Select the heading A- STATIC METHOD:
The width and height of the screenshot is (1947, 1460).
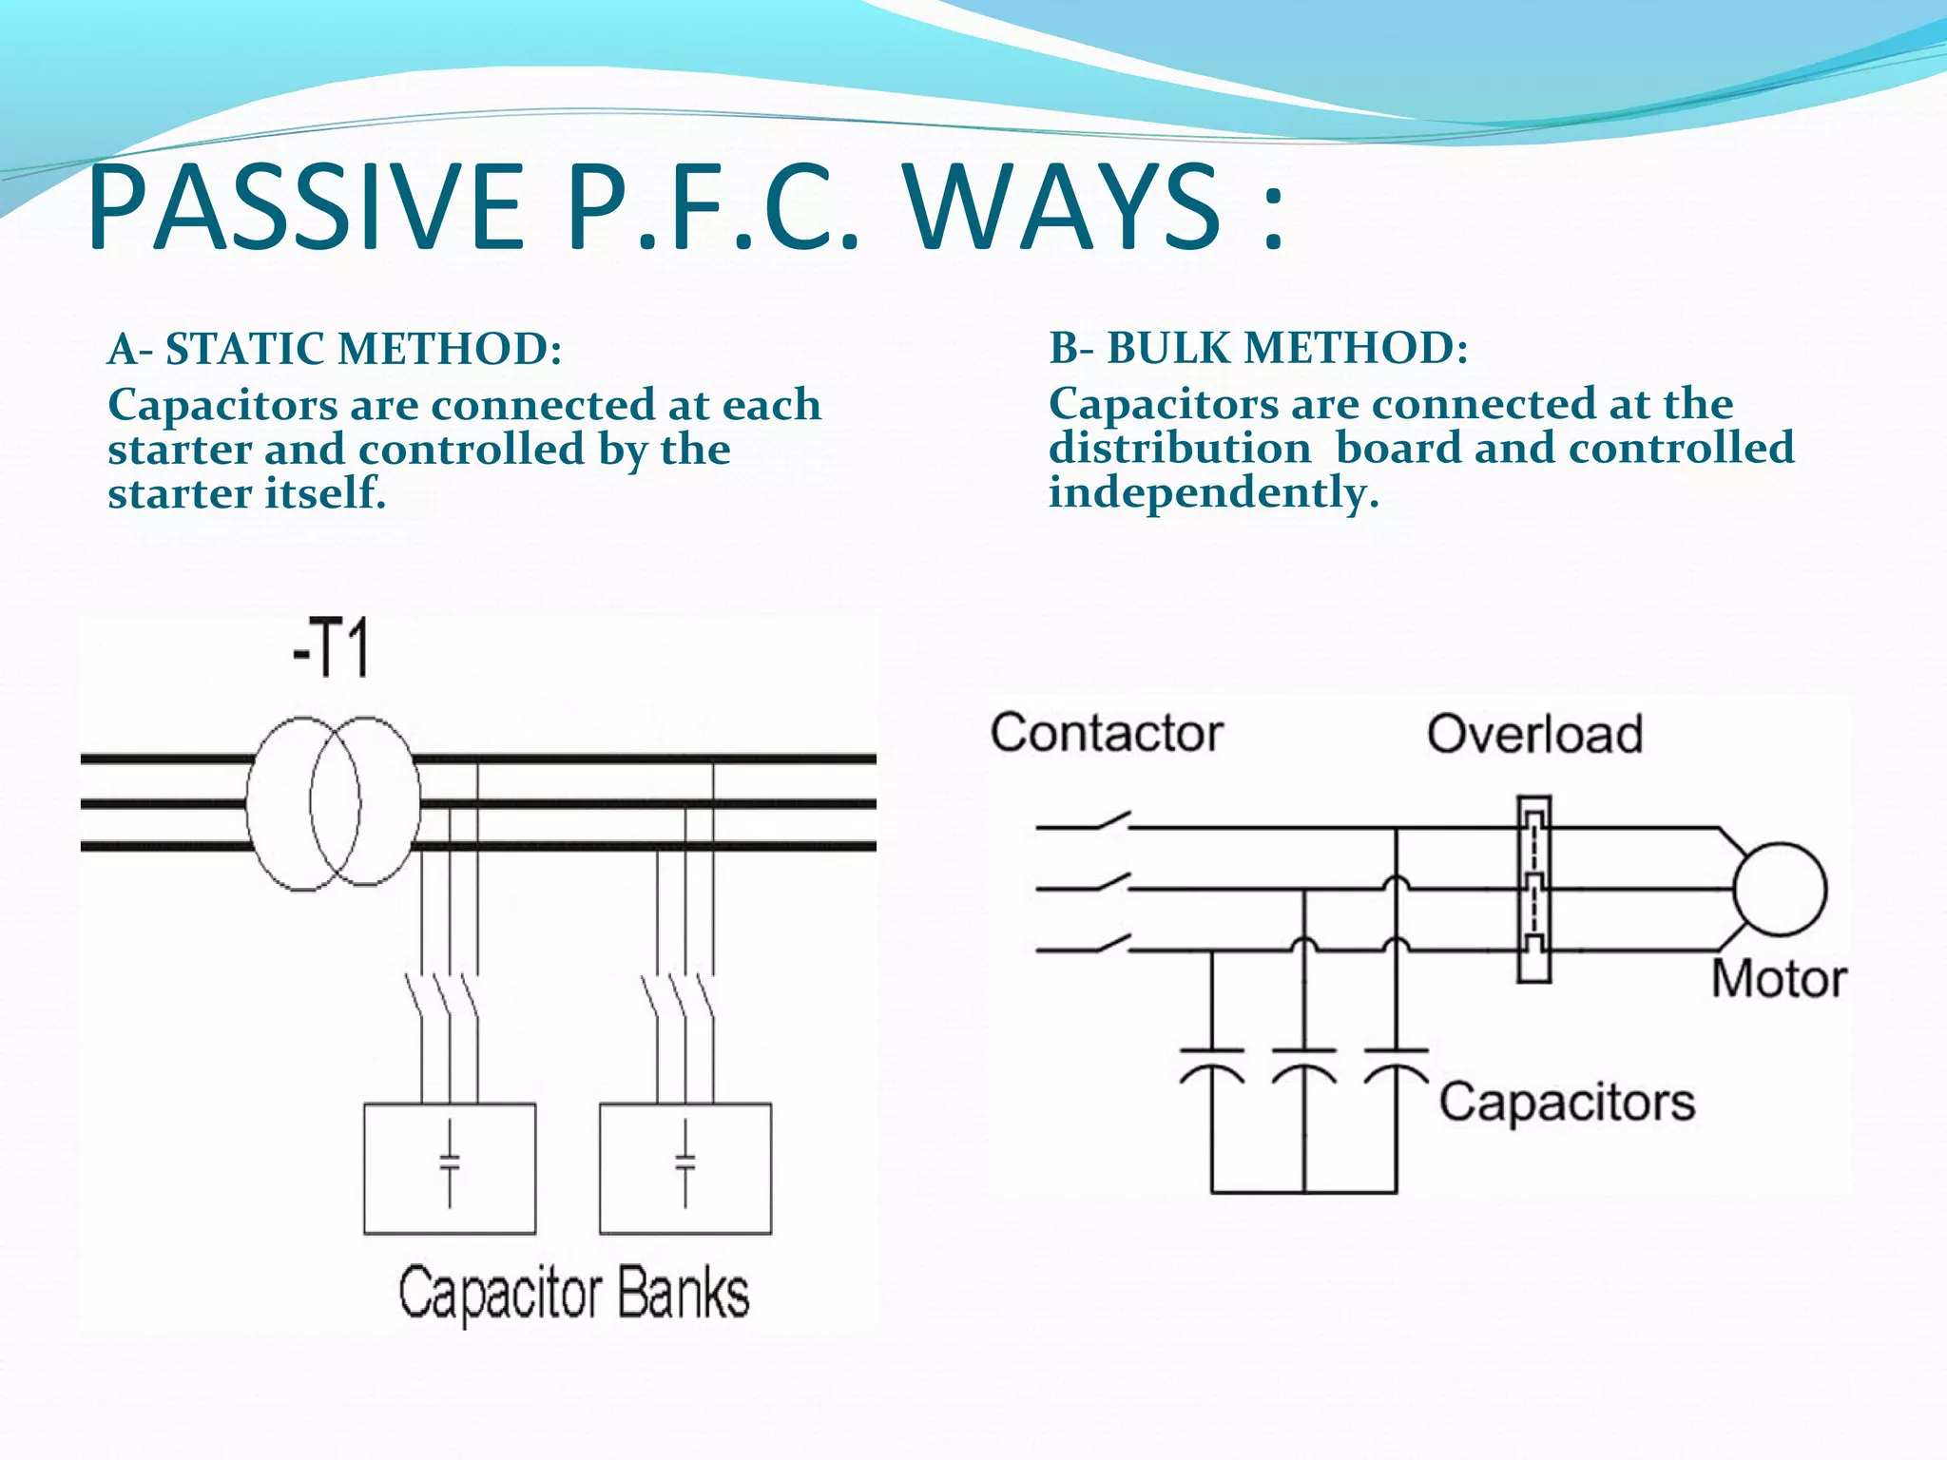(335, 349)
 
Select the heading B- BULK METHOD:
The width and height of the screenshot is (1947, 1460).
(1258, 348)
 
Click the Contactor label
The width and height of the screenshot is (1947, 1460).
(1107, 733)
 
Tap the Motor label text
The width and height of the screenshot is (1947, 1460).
(1779, 979)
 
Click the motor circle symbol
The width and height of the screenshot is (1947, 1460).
(1780, 890)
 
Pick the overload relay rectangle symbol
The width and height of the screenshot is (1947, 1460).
(1533, 890)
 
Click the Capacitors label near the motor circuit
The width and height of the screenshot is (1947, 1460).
(1567, 1103)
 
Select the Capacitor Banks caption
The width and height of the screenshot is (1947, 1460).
(573, 1294)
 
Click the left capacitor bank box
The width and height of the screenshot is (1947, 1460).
(450, 1168)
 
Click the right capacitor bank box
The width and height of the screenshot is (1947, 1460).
(685, 1168)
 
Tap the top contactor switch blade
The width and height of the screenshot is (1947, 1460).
(1112, 820)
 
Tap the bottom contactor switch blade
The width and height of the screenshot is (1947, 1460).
(1112, 944)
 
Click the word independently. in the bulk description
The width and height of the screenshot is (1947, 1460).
(1213, 493)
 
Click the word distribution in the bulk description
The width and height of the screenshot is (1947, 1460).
(1180, 449)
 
